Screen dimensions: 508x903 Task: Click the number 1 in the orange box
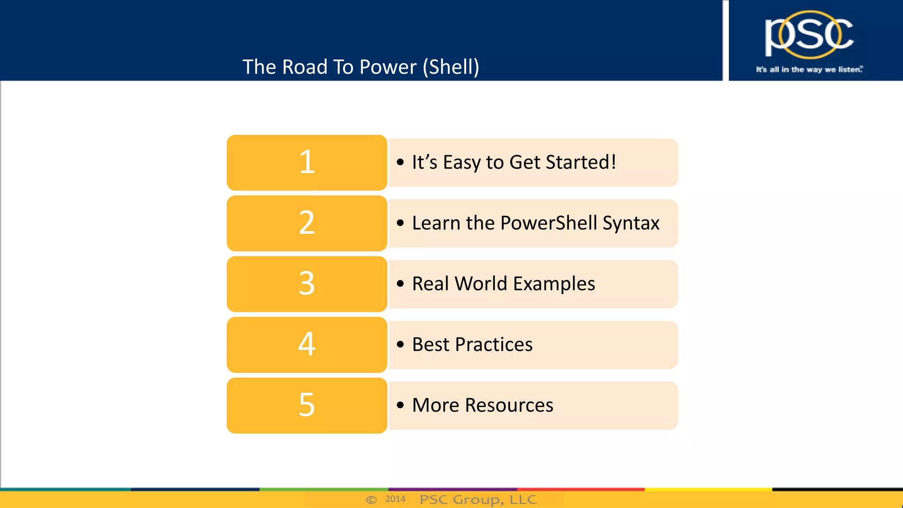[307, 162]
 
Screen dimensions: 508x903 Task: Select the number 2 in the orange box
[307, 223]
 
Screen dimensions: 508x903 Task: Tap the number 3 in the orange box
[307, 284]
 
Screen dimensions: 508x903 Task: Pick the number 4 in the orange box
[307, 344]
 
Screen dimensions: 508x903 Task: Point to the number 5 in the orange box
[307, 405]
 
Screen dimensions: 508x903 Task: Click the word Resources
[509, 405]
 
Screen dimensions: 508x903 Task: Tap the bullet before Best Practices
[400, 344]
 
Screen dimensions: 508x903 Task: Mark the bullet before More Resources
[400, 405]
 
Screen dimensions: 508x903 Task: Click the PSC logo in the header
[809, 34]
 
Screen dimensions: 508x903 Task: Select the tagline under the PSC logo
[809, 69]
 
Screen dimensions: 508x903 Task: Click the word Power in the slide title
[388, 67]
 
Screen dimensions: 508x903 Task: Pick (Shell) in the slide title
[451, 67]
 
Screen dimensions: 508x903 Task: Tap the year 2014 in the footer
[395, 499]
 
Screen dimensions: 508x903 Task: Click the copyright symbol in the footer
[371, 500]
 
